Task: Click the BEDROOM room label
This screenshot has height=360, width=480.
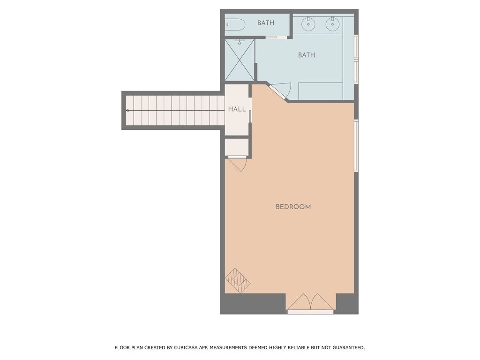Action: (293, 207)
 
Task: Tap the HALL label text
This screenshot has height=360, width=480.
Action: (237, 109)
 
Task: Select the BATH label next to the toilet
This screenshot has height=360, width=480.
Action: (266, 23)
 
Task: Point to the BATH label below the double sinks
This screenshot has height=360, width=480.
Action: (307, 55)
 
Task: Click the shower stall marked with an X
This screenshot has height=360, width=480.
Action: (240, 60)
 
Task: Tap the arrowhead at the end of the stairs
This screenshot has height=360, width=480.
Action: (127, 111)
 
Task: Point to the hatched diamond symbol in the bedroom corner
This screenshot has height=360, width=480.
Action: (238, 280)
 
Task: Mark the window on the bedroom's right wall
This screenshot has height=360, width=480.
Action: (356, 145)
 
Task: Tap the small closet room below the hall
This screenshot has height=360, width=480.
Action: (237, 147)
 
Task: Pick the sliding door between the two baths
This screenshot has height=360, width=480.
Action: (277, 37)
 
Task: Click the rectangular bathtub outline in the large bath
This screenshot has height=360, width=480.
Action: (321, 91)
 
